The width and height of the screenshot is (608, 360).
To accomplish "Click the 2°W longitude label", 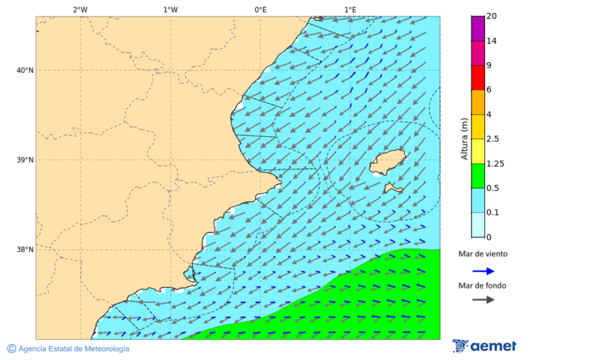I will pyautogui.click(x=80, y=9).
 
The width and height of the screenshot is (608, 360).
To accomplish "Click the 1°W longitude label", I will pyautogui.click(x=170, y=9).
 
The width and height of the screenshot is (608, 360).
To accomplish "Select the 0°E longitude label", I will pyautogui.click(x=260, y=9).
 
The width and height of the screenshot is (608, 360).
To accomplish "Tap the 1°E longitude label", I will pyautogui.click(x=350, y=9).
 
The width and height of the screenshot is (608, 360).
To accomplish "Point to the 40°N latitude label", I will pyautogui.click(x=25, y=70).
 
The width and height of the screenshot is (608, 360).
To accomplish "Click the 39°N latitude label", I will pyautogui.click(x=25, y=160).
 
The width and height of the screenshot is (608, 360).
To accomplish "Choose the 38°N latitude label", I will pyautogui.click(x=25, y=250).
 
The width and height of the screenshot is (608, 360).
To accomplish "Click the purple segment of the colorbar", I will pyautogui.click(x=478, y=28).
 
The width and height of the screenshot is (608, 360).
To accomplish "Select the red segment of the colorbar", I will pyautogui.click(x=478, y=78).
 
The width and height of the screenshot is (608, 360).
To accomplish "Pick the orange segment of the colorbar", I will pyautogui.click(x=478, y=102).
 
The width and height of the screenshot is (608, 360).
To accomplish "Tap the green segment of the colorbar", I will pyautogui.click(x=478, y=176).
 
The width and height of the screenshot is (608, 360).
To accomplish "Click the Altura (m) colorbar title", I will pyautogui.click(x=464, y=139).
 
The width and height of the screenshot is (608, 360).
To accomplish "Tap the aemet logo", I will pyautogui.click(x=484, y=346).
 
